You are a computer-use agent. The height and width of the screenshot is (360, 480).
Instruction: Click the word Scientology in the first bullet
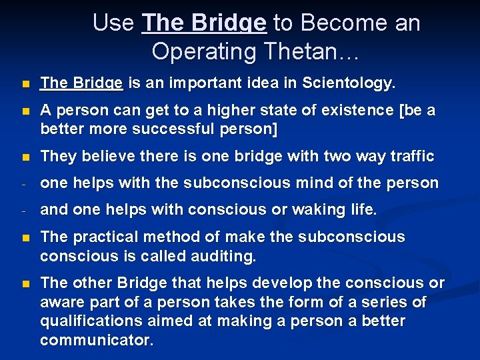point(349,83)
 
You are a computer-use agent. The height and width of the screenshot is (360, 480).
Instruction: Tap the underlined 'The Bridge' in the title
point(204,23)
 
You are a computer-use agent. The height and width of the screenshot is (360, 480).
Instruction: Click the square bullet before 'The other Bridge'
point(25,284)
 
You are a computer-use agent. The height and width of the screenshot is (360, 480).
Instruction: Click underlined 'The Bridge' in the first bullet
point(81,83)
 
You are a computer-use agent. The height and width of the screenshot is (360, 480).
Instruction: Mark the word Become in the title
point(345,23)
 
